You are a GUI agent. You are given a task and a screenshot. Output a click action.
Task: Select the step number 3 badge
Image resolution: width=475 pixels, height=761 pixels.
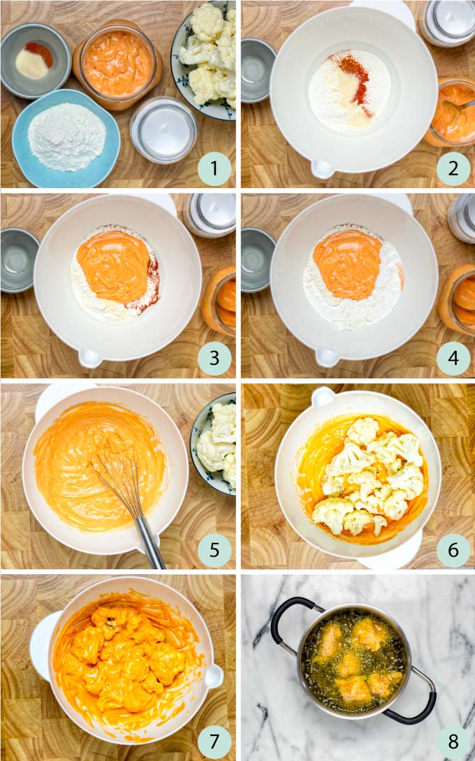(214, 358)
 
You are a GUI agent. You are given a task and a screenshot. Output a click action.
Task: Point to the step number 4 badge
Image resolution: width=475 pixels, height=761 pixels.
(453, 358)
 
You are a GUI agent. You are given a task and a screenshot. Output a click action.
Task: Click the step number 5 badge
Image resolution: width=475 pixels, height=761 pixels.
(214, 550)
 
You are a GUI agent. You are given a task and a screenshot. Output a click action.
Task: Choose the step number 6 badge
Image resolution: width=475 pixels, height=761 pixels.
(453, 550)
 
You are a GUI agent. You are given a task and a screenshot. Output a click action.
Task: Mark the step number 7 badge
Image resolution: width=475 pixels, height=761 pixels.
(214, 740)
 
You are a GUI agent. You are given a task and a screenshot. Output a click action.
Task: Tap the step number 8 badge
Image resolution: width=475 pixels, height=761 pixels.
(453, 740)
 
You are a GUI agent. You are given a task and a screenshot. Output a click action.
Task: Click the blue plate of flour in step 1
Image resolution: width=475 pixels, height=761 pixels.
(66, 136)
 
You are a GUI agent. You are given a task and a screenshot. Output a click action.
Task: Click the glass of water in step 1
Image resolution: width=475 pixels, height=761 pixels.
(163, 130)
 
